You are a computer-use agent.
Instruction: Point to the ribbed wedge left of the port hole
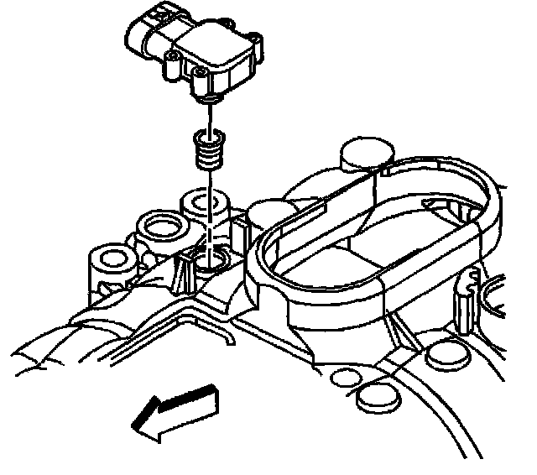[185, 268]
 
